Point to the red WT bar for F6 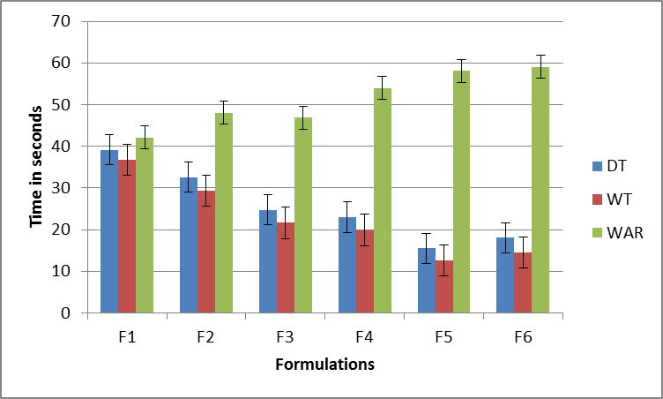coord(523,282)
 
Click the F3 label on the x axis coord(285,336)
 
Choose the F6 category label coord(523,336)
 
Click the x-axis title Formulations coord(324,364)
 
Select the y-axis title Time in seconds coord(37,167)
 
